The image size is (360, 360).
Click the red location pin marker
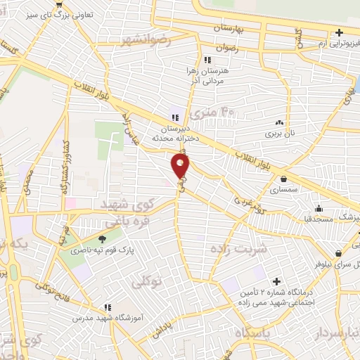coord(181,165)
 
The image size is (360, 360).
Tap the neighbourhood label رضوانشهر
coord(146,39)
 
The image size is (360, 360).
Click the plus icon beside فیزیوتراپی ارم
coord(340,32)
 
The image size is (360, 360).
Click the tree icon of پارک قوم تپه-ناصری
coord(103,239)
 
